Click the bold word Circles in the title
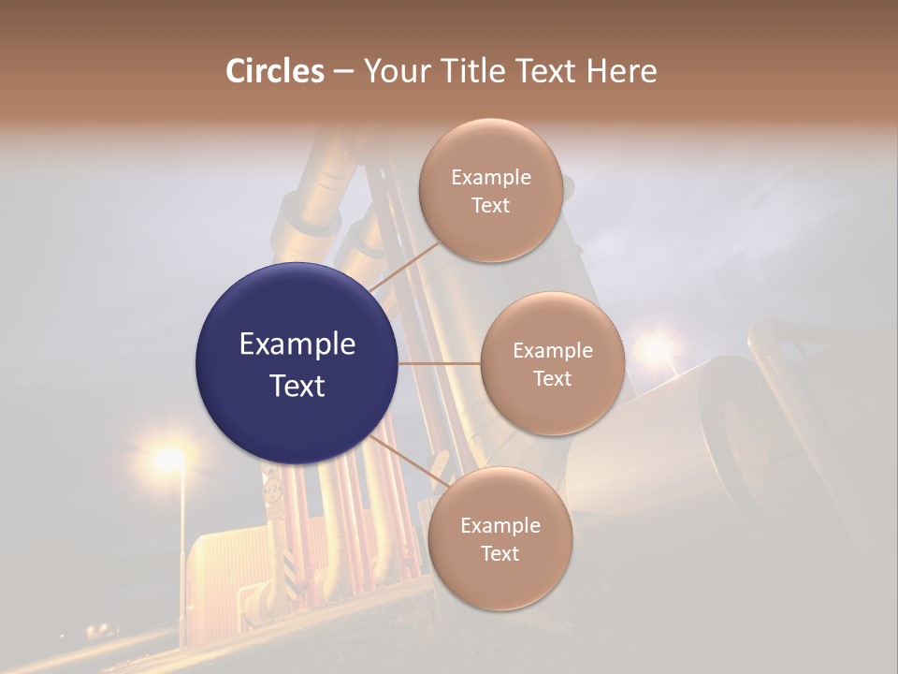click(x=275, y=71)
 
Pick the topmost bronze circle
click(x=490, y=190)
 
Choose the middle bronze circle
click(x=552, y=364)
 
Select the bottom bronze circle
click(x=500, y=539)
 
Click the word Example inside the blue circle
click(x=297, y=344)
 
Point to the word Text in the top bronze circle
click(x=490, y=206)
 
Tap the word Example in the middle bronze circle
click(x=552, y=351)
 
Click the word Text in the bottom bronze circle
click(x=500, y=554)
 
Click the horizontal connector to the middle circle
click(x=439, y=363)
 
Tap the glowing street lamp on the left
click(x=169, y=459)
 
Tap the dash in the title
click(x=342, y=72)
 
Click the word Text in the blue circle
click(x=297, y=386)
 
